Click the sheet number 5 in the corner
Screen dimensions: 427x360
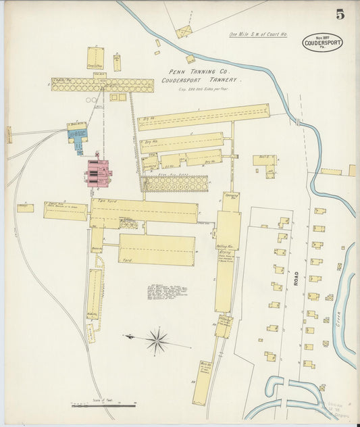(339, 14)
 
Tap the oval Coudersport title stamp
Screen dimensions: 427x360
(322, 43)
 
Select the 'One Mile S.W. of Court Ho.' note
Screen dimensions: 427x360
(259, 34)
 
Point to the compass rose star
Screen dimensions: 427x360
(157, 341)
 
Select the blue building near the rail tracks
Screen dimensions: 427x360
(78, 133)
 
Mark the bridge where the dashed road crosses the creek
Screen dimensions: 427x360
(297, 122)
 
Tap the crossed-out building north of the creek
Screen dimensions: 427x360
(183, 32)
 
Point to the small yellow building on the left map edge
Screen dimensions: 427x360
(9, 134)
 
